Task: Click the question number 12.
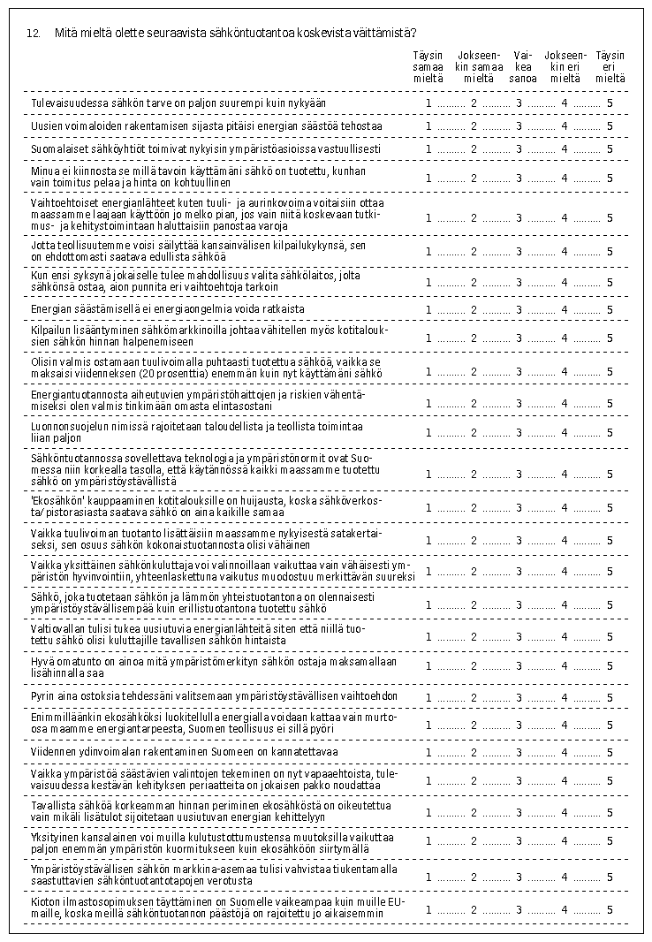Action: (34, 34)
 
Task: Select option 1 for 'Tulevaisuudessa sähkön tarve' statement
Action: (428, 103)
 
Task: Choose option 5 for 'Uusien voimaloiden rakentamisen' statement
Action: (610, 126)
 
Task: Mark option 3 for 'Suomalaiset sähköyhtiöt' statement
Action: (519, 148)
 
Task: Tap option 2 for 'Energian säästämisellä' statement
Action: (474, 309)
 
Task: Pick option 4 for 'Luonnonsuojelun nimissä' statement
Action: (565, 433)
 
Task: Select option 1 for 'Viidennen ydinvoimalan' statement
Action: (428, 753)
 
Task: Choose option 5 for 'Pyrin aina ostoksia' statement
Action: (610, 698)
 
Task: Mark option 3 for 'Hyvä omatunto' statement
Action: (519, 667)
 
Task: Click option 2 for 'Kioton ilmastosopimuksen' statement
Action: (474, 908)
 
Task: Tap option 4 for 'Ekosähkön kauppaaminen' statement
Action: (565, 507)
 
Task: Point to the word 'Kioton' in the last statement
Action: (45, 901)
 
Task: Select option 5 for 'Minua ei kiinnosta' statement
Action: (610, 178)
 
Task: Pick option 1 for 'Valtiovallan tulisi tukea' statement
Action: (428, 636)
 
